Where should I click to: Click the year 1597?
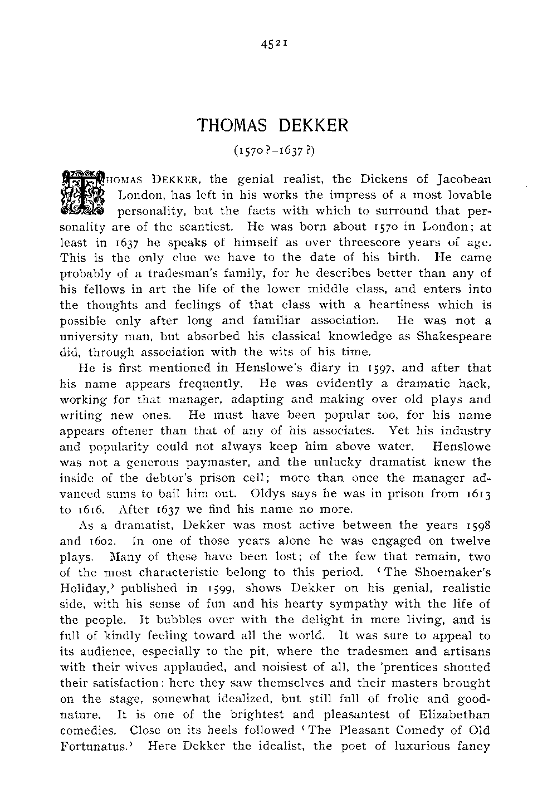pos(348,368)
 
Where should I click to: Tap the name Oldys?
pos(268,493)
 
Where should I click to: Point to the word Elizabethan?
pos(451,714)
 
